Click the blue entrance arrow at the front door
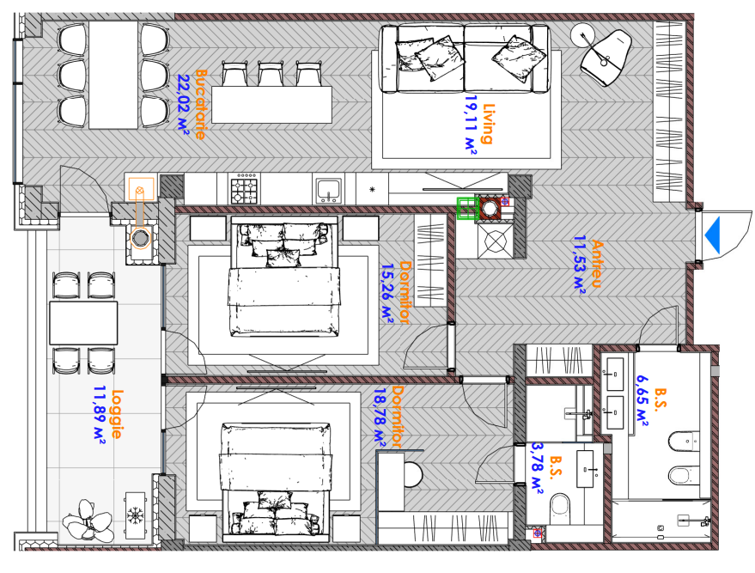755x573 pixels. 713,235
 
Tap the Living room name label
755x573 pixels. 488,124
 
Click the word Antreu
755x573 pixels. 597,264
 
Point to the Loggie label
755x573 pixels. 117,414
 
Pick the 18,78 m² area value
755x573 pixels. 381,418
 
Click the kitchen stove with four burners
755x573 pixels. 245,189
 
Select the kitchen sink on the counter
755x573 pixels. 329,190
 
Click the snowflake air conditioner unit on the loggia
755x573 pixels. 135,515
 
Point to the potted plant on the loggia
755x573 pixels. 88,521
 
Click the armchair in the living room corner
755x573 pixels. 606,58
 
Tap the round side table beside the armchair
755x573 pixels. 583,35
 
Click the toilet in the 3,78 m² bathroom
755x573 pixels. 560,508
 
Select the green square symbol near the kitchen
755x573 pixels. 466,209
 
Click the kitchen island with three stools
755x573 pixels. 271,105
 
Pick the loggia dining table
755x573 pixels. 83,323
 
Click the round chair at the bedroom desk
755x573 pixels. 413,474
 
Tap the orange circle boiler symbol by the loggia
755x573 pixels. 140,238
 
